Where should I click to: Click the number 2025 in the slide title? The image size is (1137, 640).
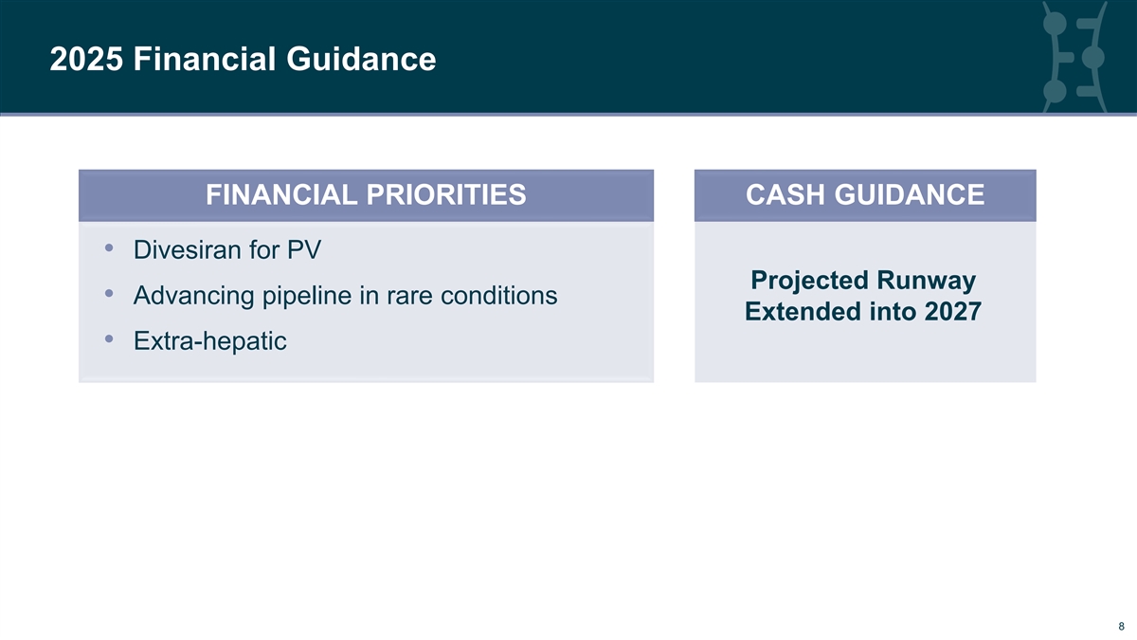86,59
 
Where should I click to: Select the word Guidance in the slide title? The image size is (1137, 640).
361,59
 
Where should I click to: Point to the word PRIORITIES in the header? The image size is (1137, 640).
446,194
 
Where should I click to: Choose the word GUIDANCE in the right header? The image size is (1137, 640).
909,194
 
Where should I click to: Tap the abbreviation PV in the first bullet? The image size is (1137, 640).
304,250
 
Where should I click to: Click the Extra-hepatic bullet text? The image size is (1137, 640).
210,340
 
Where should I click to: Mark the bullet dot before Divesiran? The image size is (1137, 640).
109,247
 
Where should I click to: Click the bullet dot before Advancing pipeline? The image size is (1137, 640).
109,293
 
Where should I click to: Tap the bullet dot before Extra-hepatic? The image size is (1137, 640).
109,338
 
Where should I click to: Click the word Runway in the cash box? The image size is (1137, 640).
927,281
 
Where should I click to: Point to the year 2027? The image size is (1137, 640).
953,311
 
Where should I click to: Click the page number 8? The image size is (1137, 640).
1121,627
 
